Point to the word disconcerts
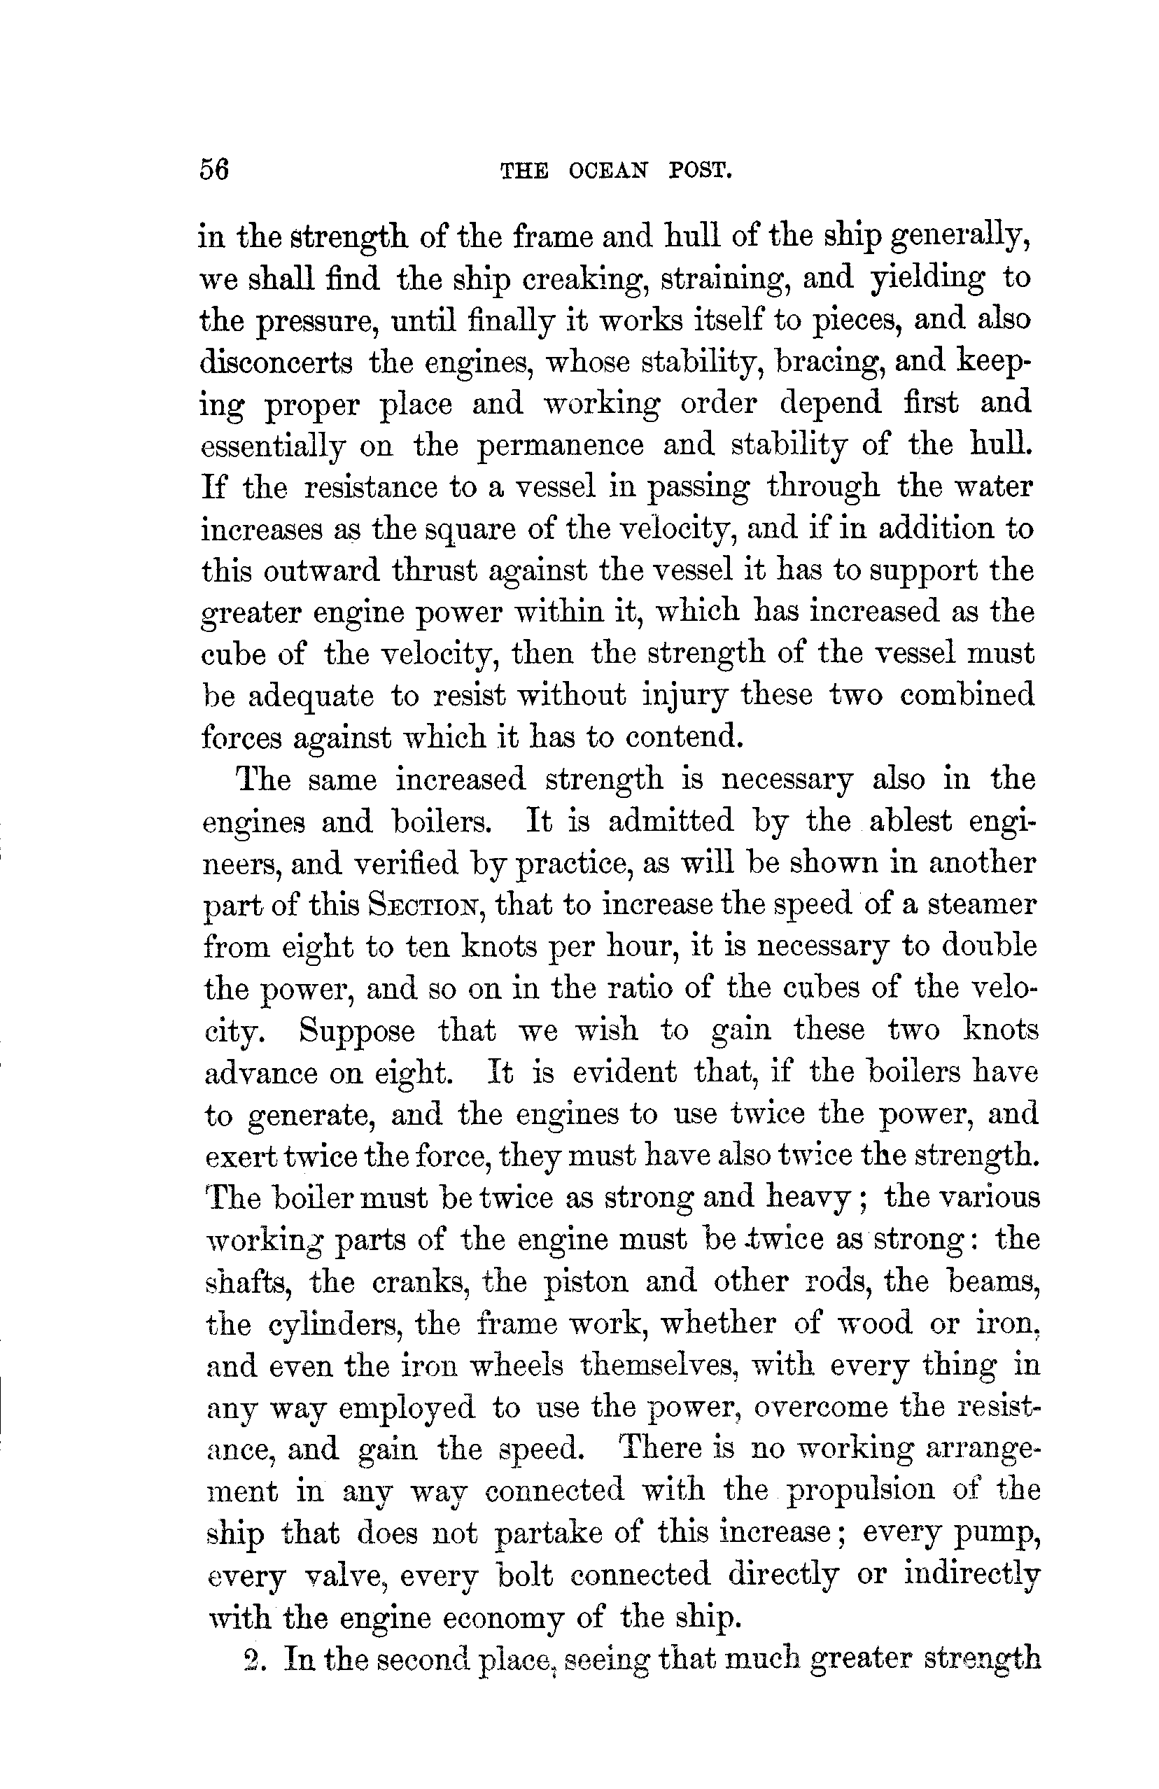point(276,363)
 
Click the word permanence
point(561,445)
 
